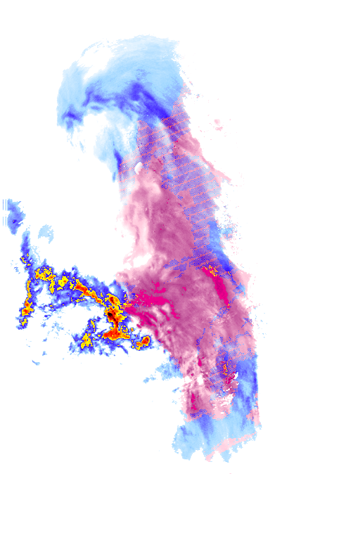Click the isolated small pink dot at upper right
point(217,123)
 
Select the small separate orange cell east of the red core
point(145,342)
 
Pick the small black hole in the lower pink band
point(200,382)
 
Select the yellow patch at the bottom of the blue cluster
point(86,342)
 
